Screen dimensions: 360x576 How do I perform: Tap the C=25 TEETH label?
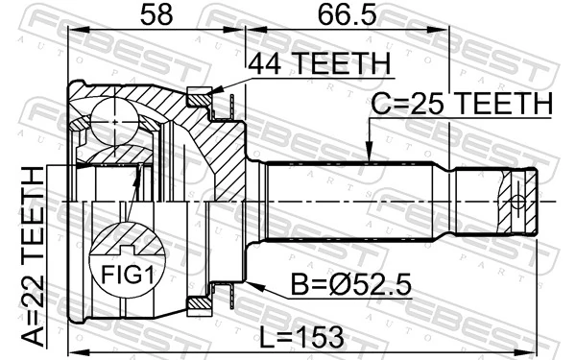click(x=462, y=103)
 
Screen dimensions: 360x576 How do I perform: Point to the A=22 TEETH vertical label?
click(x=35, y=254)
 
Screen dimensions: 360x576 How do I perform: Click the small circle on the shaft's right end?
click(x=518, y=202)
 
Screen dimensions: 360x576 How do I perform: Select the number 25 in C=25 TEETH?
click(x=421, y=103)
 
